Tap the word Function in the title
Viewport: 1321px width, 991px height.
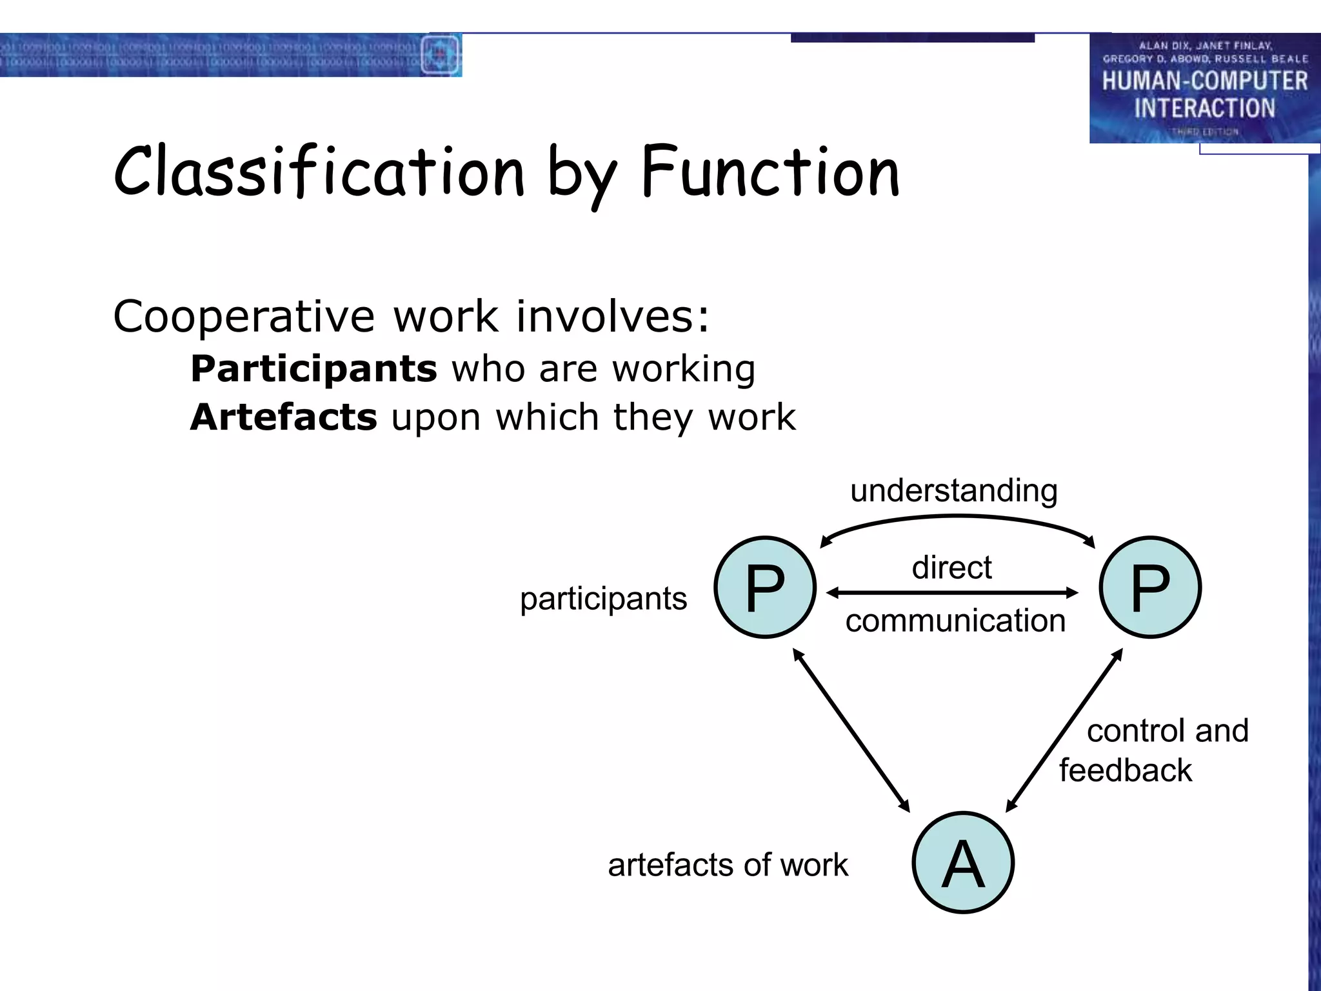click(x=770, y=171)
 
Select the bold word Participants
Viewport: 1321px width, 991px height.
click(x=313, y=369)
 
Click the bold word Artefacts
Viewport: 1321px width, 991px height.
click(x=283, y=417)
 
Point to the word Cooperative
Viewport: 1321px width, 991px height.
click(x=243, y=317)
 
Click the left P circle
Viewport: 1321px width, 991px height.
click(x=765, y=587)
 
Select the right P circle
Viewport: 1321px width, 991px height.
click(x=1150, y=587)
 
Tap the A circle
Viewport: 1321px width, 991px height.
click(x=963, y=863)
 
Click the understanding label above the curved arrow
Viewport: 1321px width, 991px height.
click(x=953, y=490)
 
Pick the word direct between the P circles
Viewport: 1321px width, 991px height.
click(x=951, y=568)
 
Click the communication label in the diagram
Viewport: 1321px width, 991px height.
click(x=955, y=621)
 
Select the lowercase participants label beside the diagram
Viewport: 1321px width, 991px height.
click(x=603, y=598)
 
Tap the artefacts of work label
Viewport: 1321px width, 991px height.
click(x=728, y=865)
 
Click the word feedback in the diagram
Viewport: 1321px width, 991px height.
click(x=1125, y=770)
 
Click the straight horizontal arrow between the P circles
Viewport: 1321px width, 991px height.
click(x=952, y=592)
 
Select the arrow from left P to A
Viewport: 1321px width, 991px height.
click(x=851, y=730)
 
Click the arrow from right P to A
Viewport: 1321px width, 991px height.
click(x=1064, y=730)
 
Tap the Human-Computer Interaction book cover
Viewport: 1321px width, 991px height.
click(x=1204, y=88)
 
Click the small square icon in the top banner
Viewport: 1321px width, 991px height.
click(x=440, y=55)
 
